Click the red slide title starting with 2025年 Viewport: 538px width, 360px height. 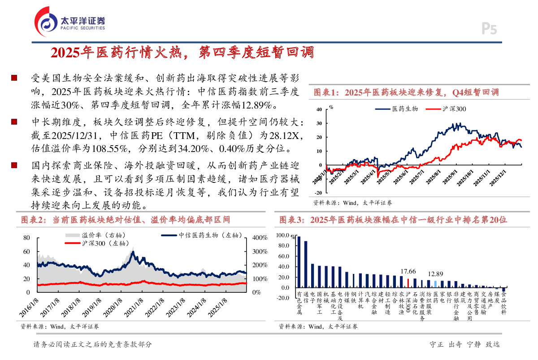pos(182,53)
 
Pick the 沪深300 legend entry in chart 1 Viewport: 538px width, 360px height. pos(447,108)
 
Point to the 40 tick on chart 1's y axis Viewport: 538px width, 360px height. pos(319,109)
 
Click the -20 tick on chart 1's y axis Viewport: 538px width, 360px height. pos(318,193)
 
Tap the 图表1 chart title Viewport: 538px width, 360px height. pos(406,93)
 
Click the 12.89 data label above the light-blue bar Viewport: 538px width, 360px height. pos(435,274)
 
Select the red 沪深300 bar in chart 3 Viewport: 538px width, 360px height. pos(408,283)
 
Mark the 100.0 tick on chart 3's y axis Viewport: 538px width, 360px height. pos(283,235)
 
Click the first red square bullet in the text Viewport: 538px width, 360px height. pos(14,78)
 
